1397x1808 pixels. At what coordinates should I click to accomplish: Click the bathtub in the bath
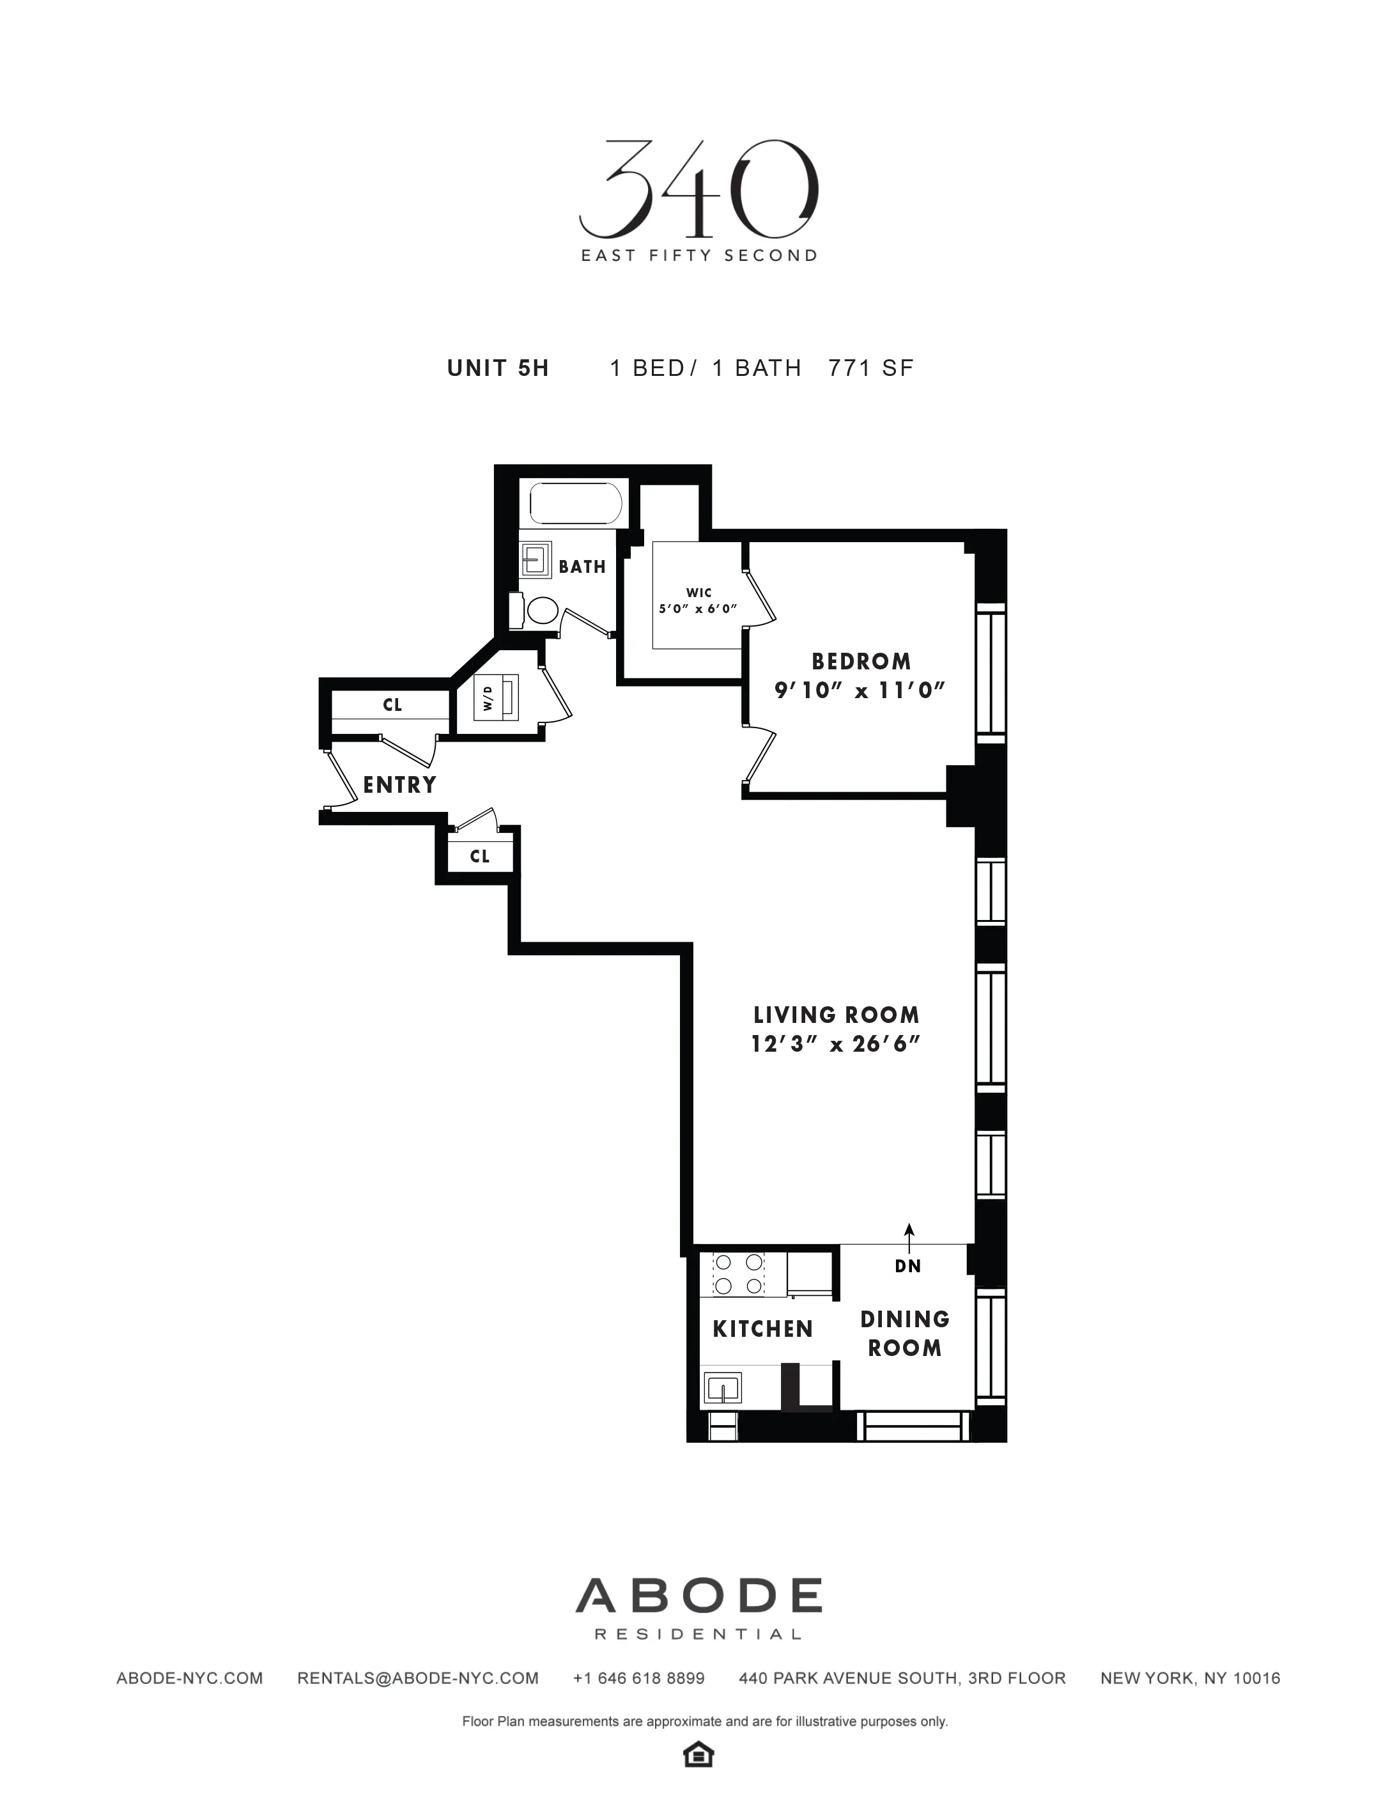pos(575,503)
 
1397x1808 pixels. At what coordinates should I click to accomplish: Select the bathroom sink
pos(536,561)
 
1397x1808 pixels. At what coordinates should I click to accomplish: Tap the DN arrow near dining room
pos(909,1239)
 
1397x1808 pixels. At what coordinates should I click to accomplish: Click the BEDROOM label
pos(861,662)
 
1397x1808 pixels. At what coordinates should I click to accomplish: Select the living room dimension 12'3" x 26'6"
pos(836,1044)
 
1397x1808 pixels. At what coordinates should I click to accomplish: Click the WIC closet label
pos(699,593)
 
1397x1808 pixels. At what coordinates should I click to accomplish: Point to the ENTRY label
pos(399,785)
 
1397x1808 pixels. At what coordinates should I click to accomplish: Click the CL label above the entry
pos(392,705)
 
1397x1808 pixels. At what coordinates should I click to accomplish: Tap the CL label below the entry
pos(480,856)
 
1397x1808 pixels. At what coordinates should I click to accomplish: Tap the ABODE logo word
pos(699,1595)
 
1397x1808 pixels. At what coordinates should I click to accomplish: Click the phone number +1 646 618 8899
pos(638,1678)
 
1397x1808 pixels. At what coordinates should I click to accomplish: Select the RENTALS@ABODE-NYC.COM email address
pos(418,1678)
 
